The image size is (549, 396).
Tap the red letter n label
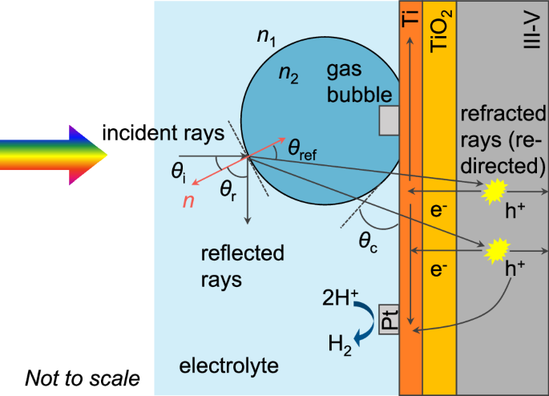coord(189,200)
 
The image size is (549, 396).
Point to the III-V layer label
coord(529,32)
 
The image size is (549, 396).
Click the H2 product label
coord(340,346)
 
